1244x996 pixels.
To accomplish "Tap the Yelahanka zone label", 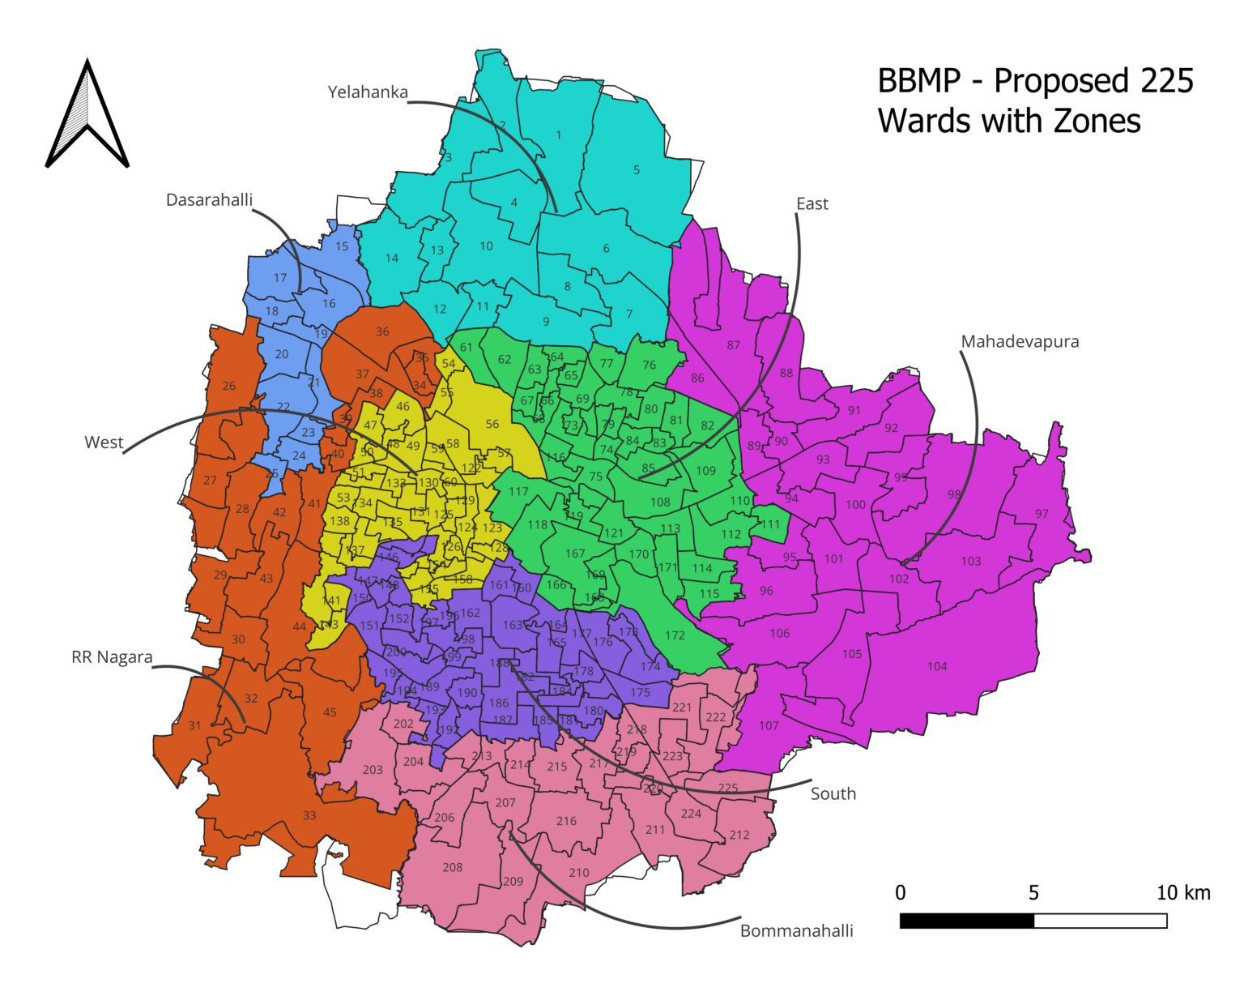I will [x=368, y=92].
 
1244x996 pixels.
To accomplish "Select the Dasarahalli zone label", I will [x=209, y=200].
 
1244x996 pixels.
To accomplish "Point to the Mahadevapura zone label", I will [x=1020, y=342].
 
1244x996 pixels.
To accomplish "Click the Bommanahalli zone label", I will [x=796, y=931].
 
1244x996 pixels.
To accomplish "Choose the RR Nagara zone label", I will [x=112, y=657].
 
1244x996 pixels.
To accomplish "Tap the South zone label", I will [x=833, y=794].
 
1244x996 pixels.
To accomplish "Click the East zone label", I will [x=812, y=204].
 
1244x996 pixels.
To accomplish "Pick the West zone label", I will [x=104, y=442].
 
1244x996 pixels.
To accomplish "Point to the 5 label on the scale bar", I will [x=1033, y=893].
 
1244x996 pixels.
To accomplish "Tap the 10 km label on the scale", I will [x=1182, y=893].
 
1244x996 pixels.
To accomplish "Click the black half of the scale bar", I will [x=966, y=921].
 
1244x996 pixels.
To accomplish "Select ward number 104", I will [x=937, y=666].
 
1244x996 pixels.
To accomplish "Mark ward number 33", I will [x=309, y=815].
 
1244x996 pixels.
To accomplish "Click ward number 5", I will [x=637, y=170].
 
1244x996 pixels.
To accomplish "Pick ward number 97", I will [x=1042, y=514].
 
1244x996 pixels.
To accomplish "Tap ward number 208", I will [x=452, y=867].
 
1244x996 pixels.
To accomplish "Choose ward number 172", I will [x=675, y=635].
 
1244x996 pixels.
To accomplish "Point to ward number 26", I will [x=229, y=386].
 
